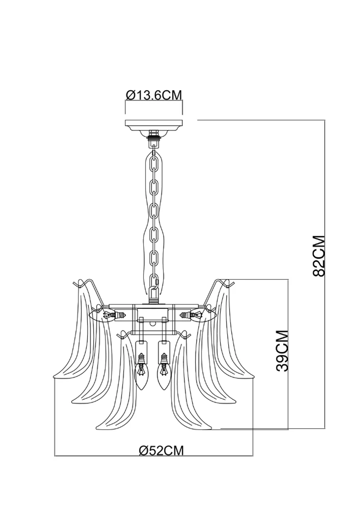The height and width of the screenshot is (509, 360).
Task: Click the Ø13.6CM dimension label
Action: (x=154, y=95)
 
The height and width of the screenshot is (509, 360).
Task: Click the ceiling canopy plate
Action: (x=154, y=125)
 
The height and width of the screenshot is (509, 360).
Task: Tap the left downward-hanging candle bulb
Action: (x=141, y=374)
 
